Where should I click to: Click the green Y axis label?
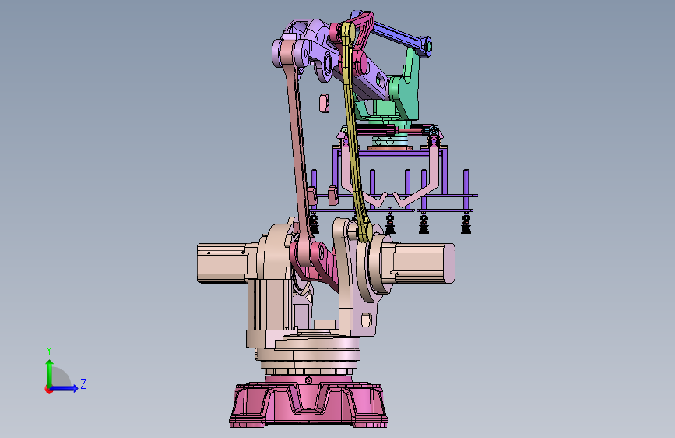[x=49, y=350]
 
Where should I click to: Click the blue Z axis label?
[x=83, y=383]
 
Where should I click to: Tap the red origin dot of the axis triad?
[x=48, y=389]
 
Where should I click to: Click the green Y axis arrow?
[x=50, y=373]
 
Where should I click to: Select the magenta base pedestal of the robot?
[x=308, y=403]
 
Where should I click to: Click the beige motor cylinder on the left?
[x=222, y=263]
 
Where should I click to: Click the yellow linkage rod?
[x=354, y=129]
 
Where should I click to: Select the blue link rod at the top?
[x=396, y=35]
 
